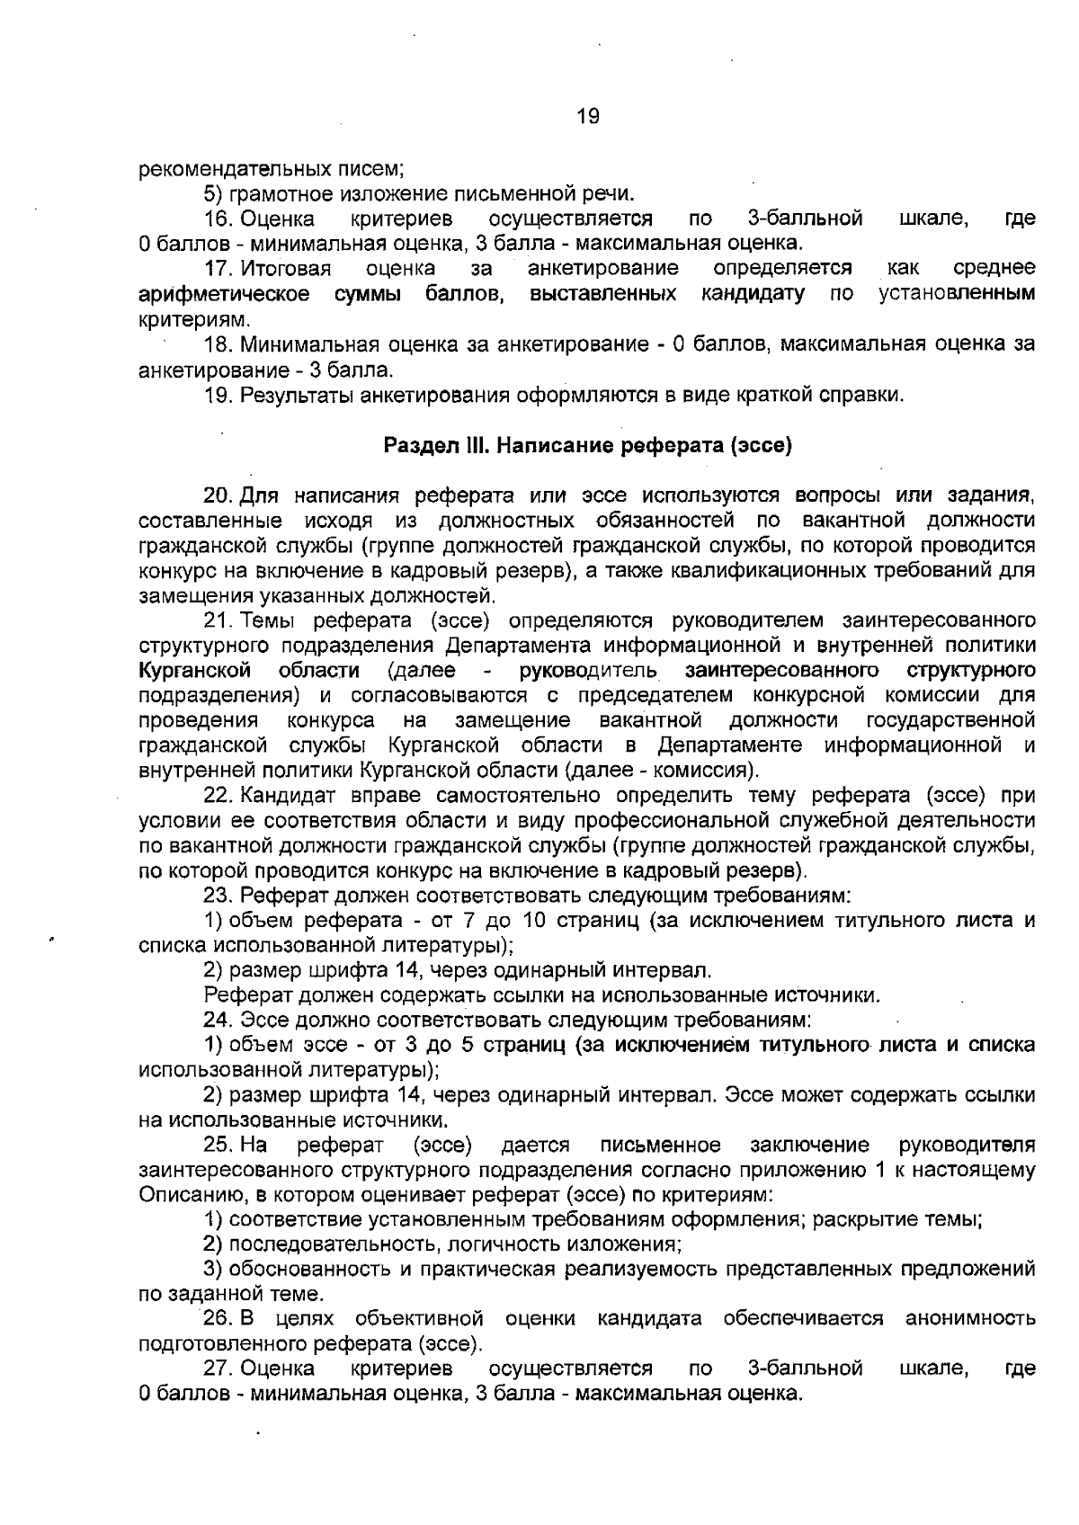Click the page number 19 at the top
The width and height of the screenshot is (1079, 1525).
587,116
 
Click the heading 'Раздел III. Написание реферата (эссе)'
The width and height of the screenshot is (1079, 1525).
587,445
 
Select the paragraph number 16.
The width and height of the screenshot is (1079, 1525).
219,218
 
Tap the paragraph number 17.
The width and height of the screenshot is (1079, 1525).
219,269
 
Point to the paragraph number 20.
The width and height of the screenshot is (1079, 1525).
219,495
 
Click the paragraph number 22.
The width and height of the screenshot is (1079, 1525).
219,796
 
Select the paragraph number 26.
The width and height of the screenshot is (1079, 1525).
219,1319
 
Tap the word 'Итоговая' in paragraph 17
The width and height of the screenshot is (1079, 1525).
285,269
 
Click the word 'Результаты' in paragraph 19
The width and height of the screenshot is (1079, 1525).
296,395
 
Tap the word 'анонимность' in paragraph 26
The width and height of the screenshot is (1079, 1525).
969,1319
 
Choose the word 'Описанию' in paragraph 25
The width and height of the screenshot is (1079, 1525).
192,1195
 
